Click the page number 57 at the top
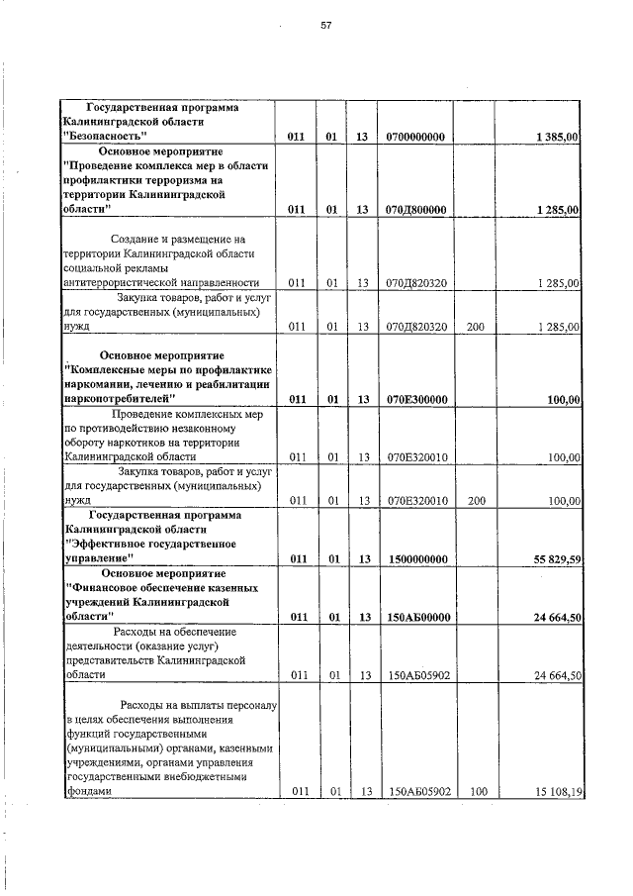(x=324, y=26)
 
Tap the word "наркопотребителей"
(x=120, y=399)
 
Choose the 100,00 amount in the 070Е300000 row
(x=565, y=399)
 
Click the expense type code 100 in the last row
(x=476, y=792)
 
